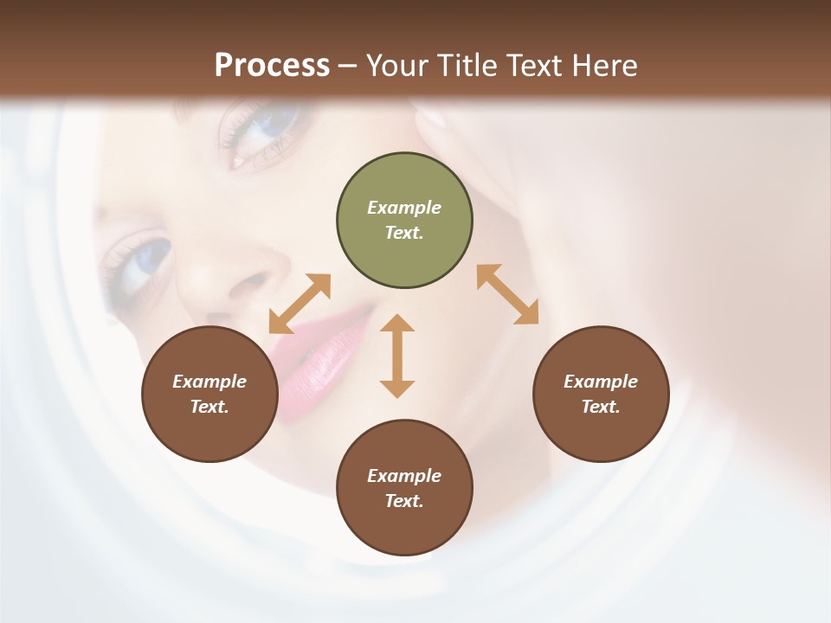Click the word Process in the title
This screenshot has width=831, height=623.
click(272, 66)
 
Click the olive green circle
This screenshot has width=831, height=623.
click(404, 221)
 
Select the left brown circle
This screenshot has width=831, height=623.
click(210, 394)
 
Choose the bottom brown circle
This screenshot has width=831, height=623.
click(404, 488)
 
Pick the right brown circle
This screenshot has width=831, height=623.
click(601, 394)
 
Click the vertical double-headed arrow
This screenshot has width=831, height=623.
click(397, 356)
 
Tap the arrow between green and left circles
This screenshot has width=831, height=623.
click(300, 304)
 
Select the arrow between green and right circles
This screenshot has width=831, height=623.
click(508, 294)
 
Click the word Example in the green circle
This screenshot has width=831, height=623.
click(404, 208)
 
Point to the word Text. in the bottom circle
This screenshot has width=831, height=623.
click(404, 501)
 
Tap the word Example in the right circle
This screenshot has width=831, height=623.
click(601, 382)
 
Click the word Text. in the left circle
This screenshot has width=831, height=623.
click(210, 407)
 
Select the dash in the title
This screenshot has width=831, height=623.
click(348, 66)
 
